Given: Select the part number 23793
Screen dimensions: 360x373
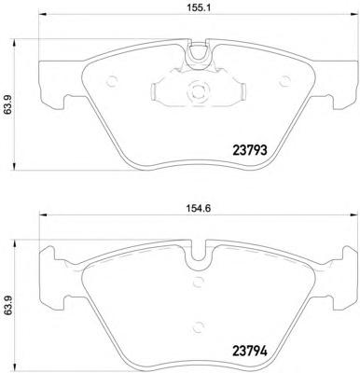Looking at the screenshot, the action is click(250, 150).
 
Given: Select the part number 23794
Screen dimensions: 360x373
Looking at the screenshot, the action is click(250, 352).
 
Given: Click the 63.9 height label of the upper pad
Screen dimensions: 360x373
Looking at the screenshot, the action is click(7, 104).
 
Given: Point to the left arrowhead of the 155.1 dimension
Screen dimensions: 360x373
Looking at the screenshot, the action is click(42, 14).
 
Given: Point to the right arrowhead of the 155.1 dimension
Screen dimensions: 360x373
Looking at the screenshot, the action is click(354, 14).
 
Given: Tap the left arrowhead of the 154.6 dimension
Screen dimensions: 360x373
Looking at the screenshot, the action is click(42, 214).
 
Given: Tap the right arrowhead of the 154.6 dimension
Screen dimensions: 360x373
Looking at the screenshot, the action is click(354, 214).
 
